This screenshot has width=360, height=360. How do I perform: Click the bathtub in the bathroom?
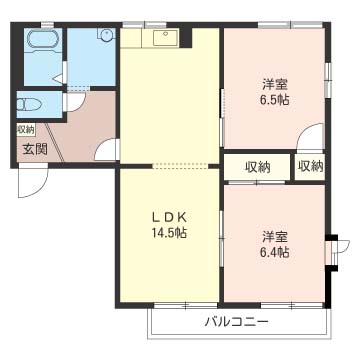(44, 41)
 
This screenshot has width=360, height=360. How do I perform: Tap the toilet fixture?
(29, 105)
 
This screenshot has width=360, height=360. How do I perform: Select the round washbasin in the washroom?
(107, 35)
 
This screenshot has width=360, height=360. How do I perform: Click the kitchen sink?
(166, 37)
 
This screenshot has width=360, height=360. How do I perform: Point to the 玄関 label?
(35, 150)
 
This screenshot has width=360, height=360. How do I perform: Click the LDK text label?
(169, 218)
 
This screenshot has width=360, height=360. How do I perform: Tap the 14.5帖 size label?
(169, 232)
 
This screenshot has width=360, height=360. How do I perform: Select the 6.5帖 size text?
(275, 100)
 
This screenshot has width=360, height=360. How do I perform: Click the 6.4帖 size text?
(275, 252)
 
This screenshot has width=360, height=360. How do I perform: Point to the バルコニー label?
(237, 322)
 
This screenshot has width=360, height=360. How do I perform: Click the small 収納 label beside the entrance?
(26, 129)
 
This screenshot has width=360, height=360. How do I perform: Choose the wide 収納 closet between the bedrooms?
(257, 166)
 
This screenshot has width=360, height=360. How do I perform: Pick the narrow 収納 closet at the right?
(311, 166)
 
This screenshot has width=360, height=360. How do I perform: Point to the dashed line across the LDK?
(181, 166)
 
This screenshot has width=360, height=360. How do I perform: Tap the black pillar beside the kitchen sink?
(186, 37)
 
